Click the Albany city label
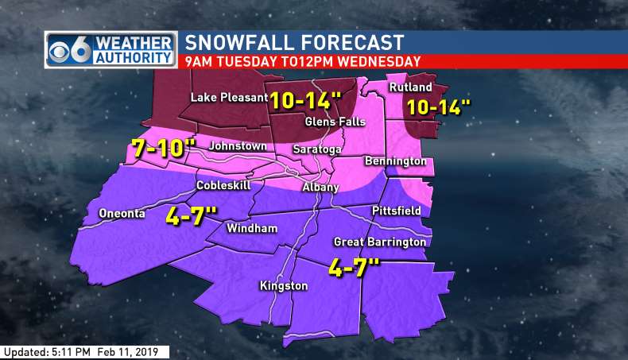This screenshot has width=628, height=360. coord(321,188)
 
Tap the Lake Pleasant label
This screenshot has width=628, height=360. coord(229,98)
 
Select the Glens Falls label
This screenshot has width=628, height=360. coord(335,122)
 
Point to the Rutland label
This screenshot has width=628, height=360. coord(410,87)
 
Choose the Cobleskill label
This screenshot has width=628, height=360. coord(223,185)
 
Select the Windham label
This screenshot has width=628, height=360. coord(252,229)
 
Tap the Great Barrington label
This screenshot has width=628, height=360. coord(380,242)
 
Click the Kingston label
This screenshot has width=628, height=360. coord(284,285)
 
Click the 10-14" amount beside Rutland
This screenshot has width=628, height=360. coord(433,107)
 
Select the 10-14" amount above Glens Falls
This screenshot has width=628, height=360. coord(305,100)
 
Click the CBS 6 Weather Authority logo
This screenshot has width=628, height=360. coord(111,49)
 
